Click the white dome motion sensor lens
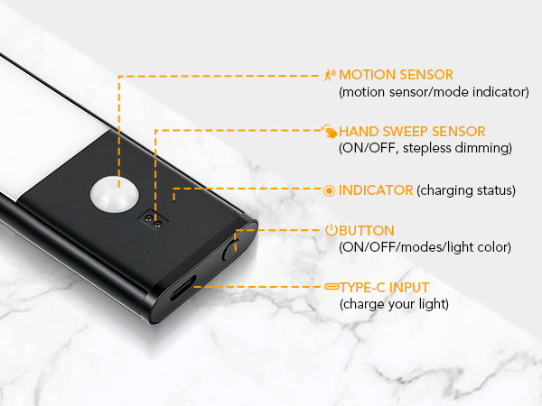(x=115, y=194)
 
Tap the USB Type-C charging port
(x=182, y=288)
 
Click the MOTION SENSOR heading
(x=396, y=75)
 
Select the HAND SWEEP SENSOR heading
(x=412, y=132)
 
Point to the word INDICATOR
(x=376, y=190)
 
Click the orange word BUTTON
(x=367, y=231)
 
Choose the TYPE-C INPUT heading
(x=385, y=288)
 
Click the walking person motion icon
(x=330, y=75)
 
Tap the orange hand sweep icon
(x=330, y=131)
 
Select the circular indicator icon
(x=329, y=190)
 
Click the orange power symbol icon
(x=332, y=230)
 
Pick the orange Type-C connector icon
(x=332, y=286)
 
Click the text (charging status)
(x=466, y=190)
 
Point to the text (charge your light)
(x=394, y=304)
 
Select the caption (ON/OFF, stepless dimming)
(x=425, y=148)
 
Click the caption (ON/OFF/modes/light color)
(x=425, y=247)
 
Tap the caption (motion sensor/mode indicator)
(x=434, y=92)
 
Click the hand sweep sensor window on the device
(x=153, y=220)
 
